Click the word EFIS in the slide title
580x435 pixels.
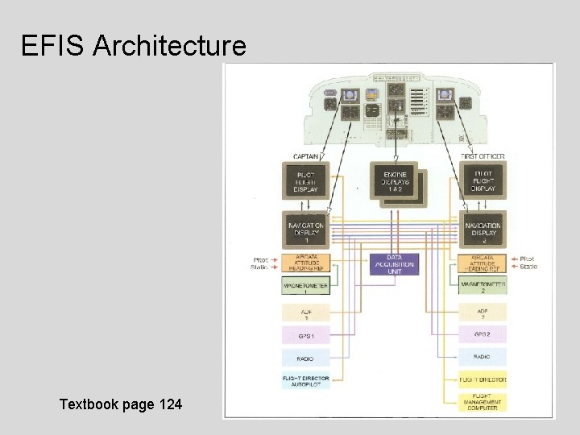point(53,46)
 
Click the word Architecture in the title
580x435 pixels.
point(169,46)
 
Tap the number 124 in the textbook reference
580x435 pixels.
point(166,404)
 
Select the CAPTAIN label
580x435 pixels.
point(305,156)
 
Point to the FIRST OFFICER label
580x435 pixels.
point(483,156)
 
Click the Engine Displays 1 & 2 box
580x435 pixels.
point(395,183)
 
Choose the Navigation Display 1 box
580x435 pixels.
point(305,230)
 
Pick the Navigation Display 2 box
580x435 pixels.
point(483,230)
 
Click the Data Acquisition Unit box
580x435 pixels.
point(395,264)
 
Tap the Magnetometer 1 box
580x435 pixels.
point(306,286)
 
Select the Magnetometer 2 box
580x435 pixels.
point(483,286)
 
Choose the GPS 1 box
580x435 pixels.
point(306,334)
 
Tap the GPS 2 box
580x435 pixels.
point(483,334)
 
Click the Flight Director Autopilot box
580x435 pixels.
point(306,381)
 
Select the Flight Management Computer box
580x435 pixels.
point(483,402)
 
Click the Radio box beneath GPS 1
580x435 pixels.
point(306,358)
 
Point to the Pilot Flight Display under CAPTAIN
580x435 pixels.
point(305,183)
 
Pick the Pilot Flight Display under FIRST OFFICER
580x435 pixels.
point(483,183)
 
